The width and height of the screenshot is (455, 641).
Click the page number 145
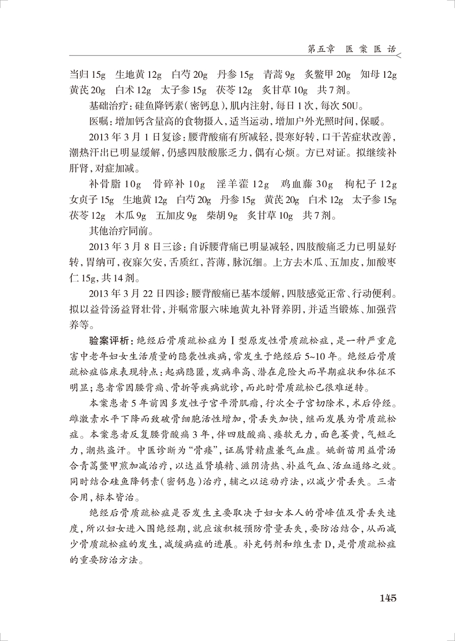387,598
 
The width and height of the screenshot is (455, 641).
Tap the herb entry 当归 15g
87,75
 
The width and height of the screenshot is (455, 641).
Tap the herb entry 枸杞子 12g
371,184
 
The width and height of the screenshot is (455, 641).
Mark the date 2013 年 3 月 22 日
138,294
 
